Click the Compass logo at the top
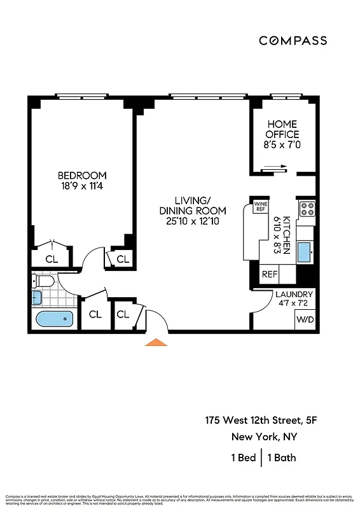tap(293, 41)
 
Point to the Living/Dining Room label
tap(192, 211)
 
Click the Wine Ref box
tap(260, 206)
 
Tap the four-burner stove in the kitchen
tap(307, 209)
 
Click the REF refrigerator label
tap(270, 275)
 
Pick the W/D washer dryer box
tap(305, 319)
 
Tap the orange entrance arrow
tap(156, 342)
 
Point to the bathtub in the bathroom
tap(55, 319)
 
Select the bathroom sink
tap(36, 297)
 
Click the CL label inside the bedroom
tap(52, 258)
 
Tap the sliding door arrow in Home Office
tap(275, 168)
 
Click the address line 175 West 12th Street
tap(251, 420)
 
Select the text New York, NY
tap(263, 437)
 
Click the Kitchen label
tap(286, 235)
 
